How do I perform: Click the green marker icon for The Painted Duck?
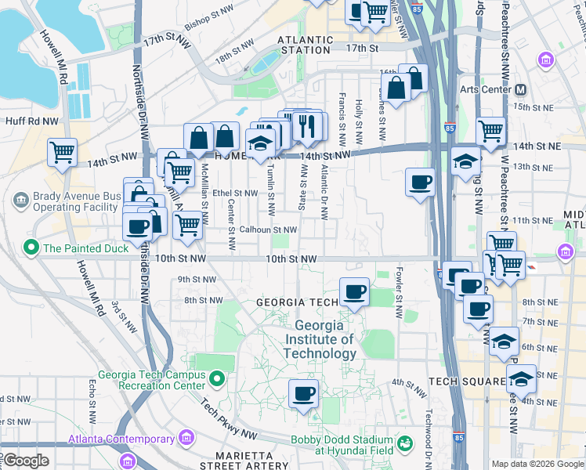(31, 249)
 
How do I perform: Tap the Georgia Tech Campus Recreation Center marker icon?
(218, 380)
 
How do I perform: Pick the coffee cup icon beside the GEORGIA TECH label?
(355, 292)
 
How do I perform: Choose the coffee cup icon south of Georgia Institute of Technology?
(303, 393)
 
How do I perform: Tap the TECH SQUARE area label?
(467, 381)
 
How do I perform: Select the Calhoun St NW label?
(268, 230)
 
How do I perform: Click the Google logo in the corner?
(26, 461)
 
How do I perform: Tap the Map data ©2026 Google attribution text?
(537, 464)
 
